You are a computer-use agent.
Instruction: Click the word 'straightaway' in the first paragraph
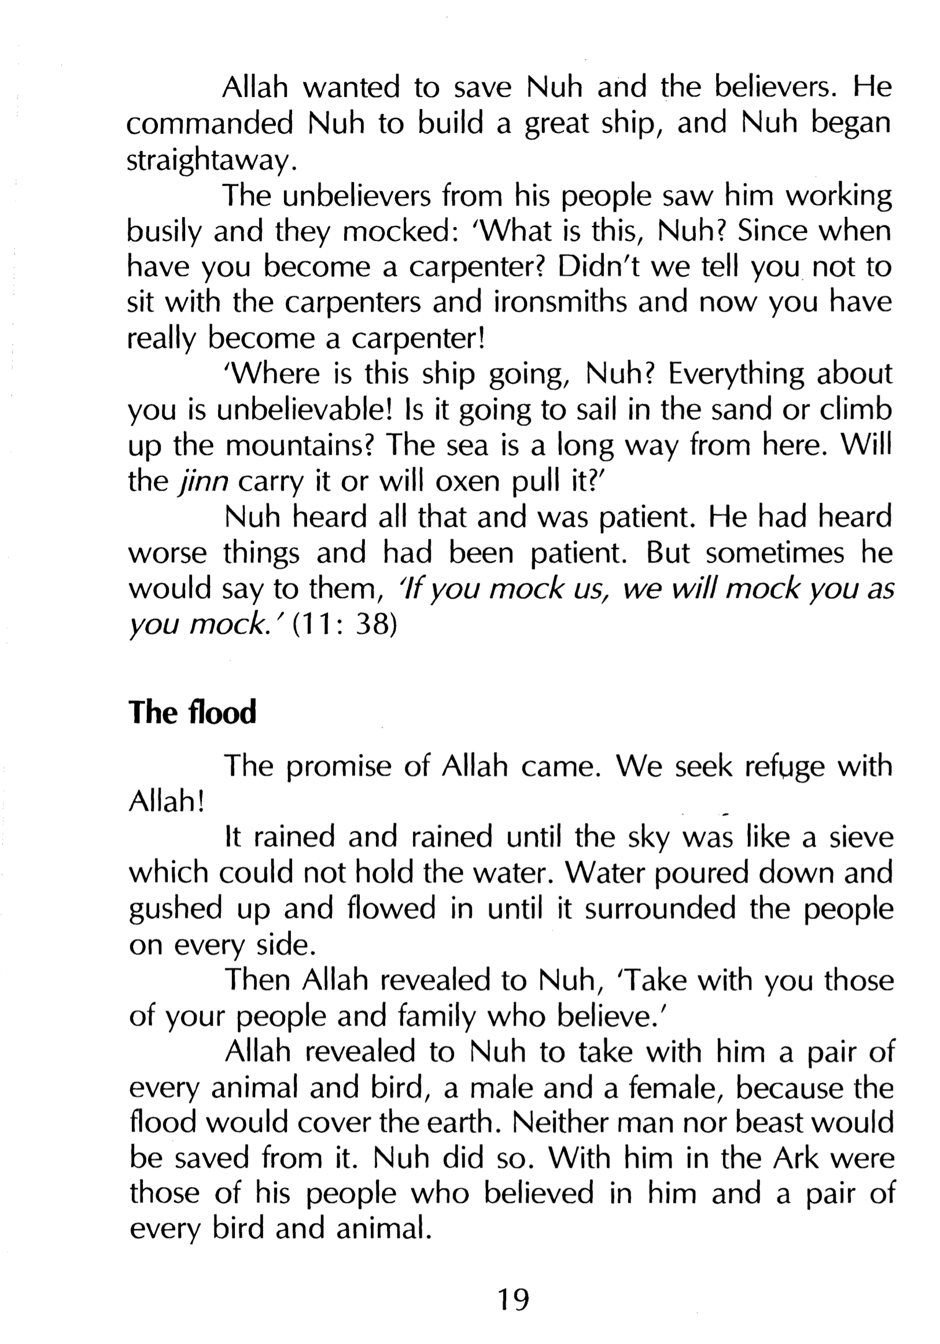[x=208, y=160]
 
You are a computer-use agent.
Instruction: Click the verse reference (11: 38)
[x=344, y=625]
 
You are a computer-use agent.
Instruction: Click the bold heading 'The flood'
[x=192, y=712]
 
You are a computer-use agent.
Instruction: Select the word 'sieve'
[x=861, y=838]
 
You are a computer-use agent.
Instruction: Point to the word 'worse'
[x=167, y=554]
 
